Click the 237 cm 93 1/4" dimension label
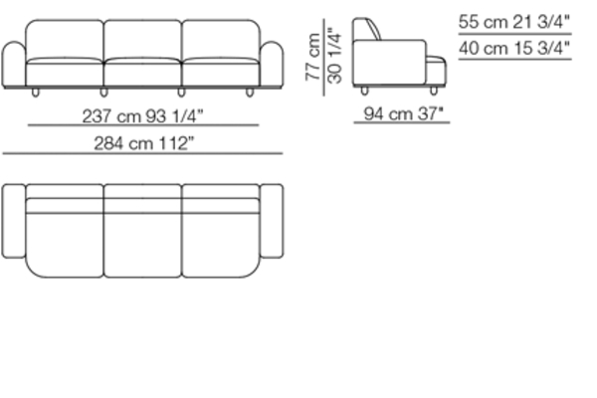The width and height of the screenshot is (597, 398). [x=142, y=115]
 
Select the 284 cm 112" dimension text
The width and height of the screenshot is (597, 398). [x=144, y=143]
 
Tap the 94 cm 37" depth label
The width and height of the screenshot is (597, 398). [x=404, y=113]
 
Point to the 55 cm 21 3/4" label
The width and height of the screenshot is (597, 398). [x=514, y=22]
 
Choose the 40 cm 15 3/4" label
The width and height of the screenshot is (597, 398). [x=514, y=49]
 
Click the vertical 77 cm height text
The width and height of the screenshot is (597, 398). [x=313, y=57]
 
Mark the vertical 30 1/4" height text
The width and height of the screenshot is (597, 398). [x=334, y=56]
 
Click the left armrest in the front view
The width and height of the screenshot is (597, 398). [x=14, y=65]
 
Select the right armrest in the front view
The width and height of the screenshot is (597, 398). [x=272, y=65]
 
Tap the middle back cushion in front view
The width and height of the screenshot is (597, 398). [x=142, y=40]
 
